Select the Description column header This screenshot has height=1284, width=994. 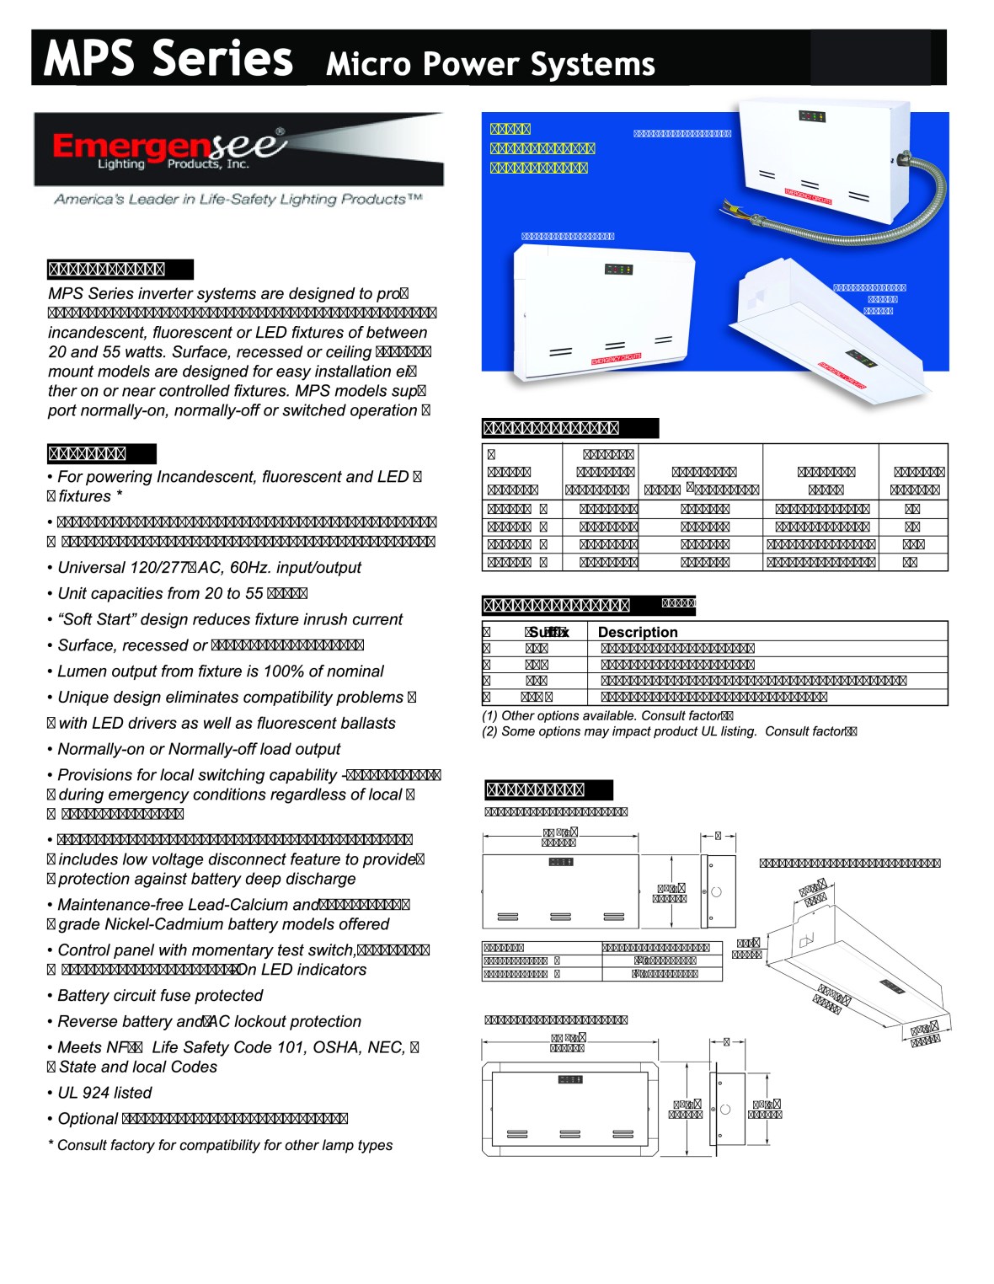point(638,632)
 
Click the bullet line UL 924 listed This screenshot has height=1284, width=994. point(105,1093)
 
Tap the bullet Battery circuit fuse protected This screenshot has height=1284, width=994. point(160,995)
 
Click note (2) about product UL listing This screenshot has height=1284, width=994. point(669,731)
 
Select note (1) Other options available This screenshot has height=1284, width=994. point(607,715)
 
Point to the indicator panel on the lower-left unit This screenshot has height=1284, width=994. point(618,270)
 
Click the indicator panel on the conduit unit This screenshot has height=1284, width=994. point(811,115)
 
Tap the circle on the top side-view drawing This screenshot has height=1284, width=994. point(717,891)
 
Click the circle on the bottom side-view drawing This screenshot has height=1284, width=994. point(725,1109)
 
